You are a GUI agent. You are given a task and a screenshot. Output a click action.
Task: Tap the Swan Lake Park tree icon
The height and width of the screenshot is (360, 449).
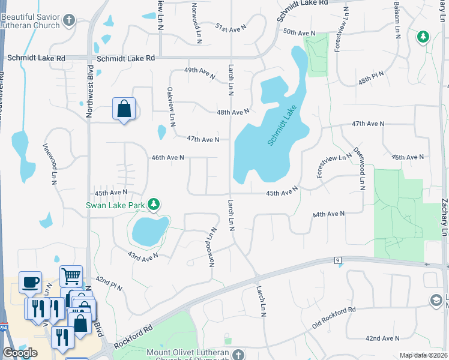pos(154,205)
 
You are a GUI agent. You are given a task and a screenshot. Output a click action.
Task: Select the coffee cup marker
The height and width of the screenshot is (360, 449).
pos(30,281)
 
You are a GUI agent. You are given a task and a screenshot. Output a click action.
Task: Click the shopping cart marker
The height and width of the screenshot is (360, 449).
pos(71,275)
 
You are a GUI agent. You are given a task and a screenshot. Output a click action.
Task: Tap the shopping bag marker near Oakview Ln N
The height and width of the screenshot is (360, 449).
pos(124,109)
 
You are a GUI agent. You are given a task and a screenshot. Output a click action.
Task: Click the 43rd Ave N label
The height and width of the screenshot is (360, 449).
pos(142,255)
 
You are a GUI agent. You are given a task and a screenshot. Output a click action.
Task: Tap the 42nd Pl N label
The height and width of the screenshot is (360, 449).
pos(109,284)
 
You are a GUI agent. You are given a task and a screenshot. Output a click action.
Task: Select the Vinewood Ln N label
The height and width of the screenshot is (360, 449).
pos(50,163)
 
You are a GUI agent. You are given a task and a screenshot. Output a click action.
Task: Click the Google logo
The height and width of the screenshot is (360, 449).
pos(20,353)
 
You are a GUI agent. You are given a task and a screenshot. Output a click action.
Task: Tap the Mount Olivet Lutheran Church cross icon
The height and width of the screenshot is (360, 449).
pos(238,353)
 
